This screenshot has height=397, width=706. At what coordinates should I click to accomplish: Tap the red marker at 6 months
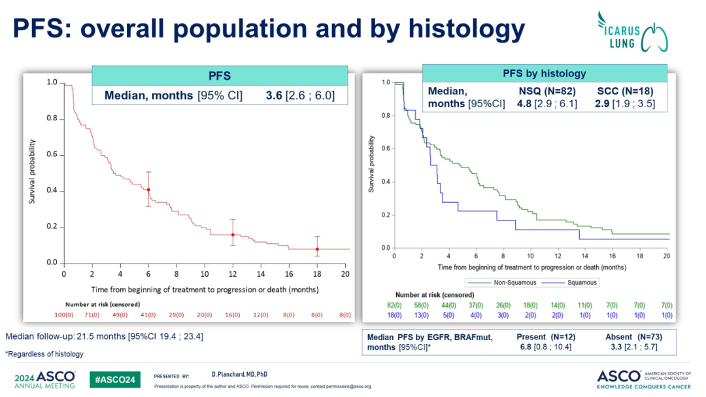coord(148,190)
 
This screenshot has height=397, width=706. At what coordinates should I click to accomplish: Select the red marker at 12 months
coord(233,234)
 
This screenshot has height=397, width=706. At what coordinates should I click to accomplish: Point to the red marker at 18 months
coord(317,249)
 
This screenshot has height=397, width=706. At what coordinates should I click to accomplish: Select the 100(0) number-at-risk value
coord(75,315)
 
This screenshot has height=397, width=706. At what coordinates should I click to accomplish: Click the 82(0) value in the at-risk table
coord(394,305)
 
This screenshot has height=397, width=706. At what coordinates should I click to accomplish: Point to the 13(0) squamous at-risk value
coord(421,315)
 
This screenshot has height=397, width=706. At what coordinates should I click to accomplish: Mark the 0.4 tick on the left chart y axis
coord(51,191)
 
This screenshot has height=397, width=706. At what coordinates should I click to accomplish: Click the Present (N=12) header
coord(546,337)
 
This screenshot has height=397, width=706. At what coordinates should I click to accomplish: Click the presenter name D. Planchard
coord(230,375)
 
